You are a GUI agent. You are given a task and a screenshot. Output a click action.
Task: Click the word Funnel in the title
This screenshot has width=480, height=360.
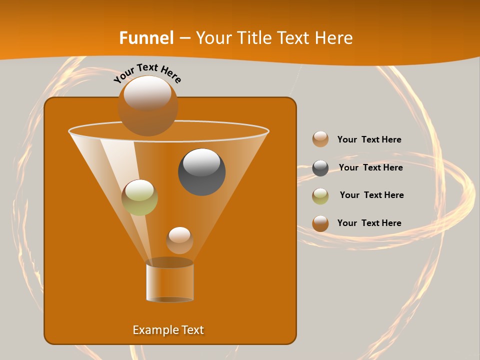(146, 38)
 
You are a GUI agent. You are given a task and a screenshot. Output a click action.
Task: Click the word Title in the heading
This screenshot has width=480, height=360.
(253, 38)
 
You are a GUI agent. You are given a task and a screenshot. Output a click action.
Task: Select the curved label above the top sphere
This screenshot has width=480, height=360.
(147, 73)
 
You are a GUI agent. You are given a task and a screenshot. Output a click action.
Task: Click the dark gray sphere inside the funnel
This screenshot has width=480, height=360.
(202, 172)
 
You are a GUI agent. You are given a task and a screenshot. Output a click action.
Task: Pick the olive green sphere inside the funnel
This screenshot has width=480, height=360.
(140, 197)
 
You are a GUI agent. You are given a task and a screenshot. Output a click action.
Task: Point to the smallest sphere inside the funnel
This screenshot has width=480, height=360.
(179, 240)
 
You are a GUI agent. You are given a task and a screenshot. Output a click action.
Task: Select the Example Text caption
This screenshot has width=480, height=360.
(168, 330)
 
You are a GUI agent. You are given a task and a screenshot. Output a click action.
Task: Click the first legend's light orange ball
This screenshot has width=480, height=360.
(320, 139)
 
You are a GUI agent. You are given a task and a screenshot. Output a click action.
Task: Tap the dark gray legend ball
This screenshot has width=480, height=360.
(320, 168)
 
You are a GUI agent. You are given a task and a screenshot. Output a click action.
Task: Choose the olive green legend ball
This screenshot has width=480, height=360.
(320, 196)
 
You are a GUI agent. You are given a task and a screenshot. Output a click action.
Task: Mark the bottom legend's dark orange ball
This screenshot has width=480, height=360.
(320, 223)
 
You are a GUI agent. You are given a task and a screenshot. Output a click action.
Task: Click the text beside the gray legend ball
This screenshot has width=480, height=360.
(370, 167)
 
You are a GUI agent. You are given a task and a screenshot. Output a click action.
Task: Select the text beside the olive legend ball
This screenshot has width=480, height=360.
(371, 195)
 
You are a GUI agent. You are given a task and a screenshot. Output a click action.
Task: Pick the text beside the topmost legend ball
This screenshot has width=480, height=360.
(369, 139)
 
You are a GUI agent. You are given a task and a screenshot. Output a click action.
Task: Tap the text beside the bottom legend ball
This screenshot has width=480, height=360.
(369, 223)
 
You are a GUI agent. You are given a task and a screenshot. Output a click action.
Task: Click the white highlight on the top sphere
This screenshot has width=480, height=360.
(147, 93)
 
